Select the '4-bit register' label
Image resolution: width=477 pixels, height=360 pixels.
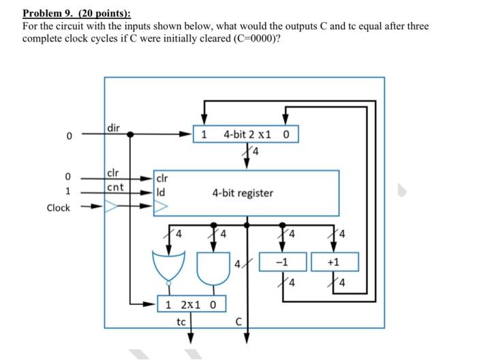coord(243,193)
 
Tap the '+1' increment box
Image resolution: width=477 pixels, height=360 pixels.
coord(335,262)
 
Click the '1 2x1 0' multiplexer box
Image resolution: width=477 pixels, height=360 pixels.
coord(191,303)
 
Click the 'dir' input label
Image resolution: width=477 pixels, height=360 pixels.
coord(114,127)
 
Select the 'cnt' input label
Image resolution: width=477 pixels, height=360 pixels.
coord(114,187)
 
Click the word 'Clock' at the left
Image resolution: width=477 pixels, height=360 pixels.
coord(58,207)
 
